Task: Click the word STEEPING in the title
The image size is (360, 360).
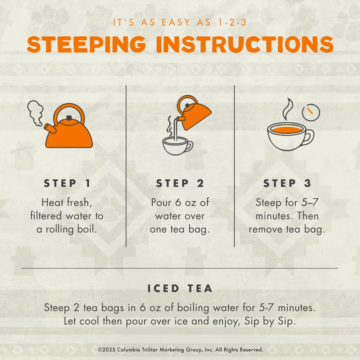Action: point(86,44)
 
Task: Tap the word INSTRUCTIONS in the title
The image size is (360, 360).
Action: point(245,44)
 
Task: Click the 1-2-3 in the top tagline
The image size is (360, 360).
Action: point(232,22)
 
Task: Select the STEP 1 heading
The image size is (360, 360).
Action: point(67,183)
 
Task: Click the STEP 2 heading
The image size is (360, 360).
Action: point(180,183)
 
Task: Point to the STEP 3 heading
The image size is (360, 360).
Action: point(287,183)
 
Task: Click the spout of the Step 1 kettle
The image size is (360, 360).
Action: point(50,129)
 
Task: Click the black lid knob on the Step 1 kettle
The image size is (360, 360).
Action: point(69,118)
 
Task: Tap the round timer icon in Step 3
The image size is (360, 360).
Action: point(311,112)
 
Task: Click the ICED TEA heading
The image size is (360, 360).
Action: point(180,289)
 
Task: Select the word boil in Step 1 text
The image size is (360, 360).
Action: point(87,229)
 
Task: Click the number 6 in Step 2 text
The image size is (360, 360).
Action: point(178,202)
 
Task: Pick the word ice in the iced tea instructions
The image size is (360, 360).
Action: point(181,321)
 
